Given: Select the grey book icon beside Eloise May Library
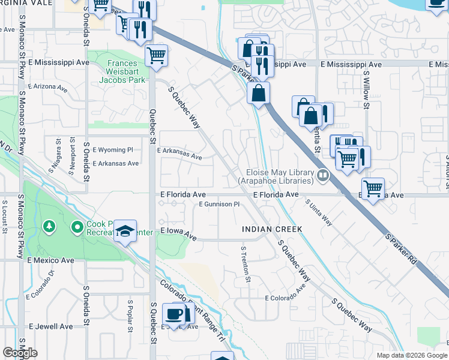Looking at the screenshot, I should point(324,176).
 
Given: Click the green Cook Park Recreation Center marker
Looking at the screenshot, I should point(77,227).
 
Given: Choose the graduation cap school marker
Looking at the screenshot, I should point(125,231).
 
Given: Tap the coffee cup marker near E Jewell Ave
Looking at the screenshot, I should point(173,314).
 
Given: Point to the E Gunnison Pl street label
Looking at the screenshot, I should point(219,205).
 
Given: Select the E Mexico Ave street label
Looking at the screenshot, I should point(50,260).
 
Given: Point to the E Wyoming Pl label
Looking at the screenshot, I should point(116,149).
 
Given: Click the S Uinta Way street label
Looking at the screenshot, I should point(320,213).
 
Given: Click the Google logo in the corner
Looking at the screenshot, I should point(20,353).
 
